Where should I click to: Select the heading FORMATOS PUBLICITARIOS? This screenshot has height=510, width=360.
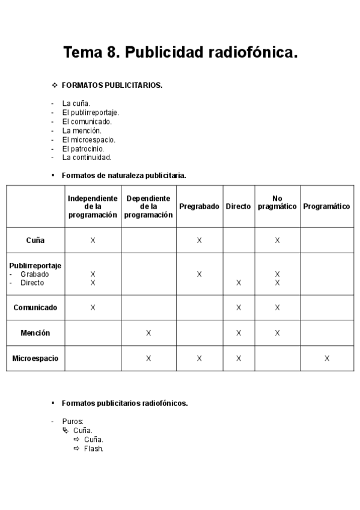coord(112,85)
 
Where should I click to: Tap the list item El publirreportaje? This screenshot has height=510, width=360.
coord(90,112)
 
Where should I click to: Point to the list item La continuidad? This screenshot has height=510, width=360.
coord(87,158)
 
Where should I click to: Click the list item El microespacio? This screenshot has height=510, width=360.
coord(88,140)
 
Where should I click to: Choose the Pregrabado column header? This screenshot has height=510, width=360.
coord(199,206)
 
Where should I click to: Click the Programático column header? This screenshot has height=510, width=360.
coord(326,206)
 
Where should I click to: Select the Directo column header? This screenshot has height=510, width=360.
coord(238,206)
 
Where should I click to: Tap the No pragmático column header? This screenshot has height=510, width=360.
coord(277,202)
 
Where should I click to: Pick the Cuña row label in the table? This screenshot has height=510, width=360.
coord(35,240)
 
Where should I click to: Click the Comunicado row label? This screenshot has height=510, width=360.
coord(35,307)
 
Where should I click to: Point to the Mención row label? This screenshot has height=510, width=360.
coord(35,333)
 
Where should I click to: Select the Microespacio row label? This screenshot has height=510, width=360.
coord(35,358)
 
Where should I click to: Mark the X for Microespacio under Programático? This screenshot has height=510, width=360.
coord(327,358)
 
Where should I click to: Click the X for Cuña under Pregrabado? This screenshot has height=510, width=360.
coord(199,240)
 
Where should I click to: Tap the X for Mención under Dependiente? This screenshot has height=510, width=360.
coord(148,333)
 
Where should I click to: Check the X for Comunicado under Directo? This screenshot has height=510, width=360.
coord(239,307)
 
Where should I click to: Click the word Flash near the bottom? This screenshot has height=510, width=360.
coord(94,449)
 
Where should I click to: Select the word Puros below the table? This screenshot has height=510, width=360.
coord(72,421)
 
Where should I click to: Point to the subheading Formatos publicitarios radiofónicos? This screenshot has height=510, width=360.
coord(124,403)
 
